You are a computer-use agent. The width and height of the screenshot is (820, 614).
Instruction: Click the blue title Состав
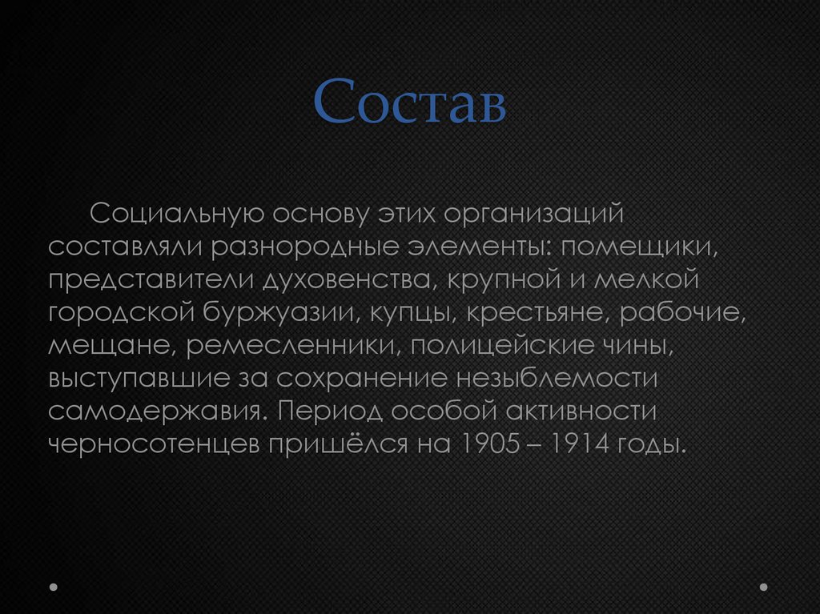(x=409, y=102)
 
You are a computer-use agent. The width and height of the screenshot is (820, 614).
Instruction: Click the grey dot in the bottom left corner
(x=54, y=587)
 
